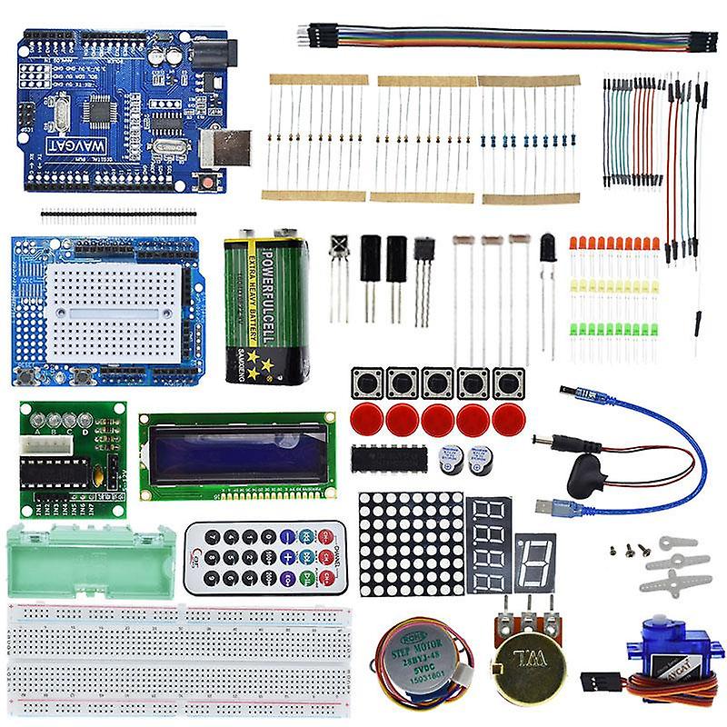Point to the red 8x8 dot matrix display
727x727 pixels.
coord(411,543)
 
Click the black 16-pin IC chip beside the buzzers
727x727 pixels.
coord(388,459)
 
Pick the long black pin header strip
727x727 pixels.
coord(117,215)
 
